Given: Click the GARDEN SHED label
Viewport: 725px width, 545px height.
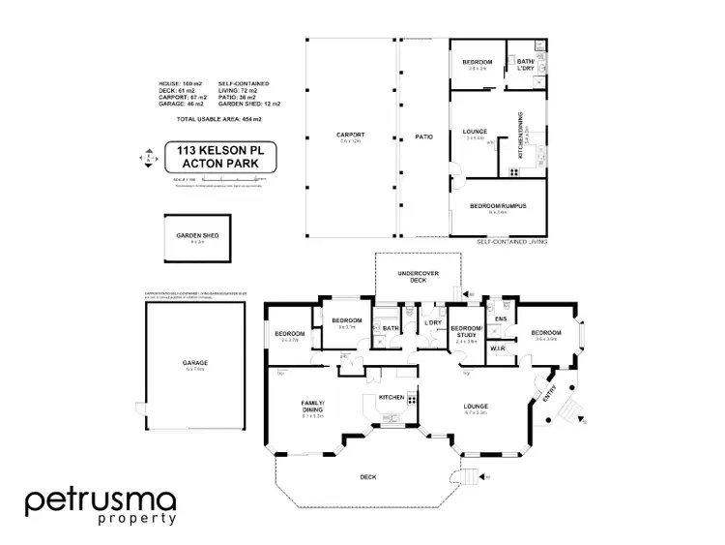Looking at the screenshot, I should tap(196, 236).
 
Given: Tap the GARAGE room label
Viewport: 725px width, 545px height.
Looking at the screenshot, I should tap(196, 363).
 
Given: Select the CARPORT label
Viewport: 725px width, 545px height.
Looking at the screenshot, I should tap(351, 136).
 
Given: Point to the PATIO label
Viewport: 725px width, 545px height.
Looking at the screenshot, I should tap(423, 136).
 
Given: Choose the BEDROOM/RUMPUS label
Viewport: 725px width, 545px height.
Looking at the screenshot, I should tap(498, 206).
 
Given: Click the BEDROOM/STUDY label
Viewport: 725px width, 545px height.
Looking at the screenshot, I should tap(467, 332).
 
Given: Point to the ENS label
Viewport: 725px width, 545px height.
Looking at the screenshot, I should tap(501, 318).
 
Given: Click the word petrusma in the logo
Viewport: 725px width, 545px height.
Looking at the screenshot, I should tap(101, 500).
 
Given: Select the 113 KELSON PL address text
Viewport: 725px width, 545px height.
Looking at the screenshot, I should tap(215, 150).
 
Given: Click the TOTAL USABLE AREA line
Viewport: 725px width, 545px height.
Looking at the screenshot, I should tap(218, 118).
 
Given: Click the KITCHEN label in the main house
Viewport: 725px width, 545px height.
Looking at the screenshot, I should tap(391, 398).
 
